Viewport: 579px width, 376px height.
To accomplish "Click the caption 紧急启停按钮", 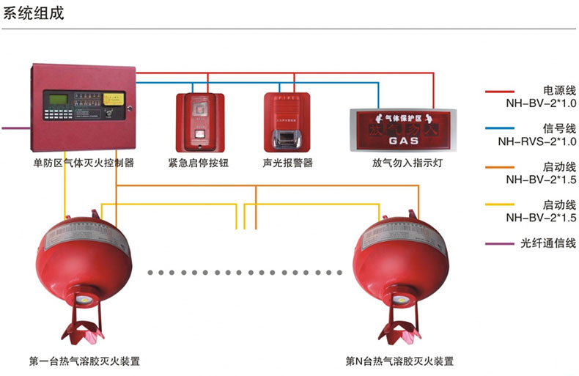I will (x=199, y=163).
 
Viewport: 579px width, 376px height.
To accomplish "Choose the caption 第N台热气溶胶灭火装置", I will (x=399, y=361).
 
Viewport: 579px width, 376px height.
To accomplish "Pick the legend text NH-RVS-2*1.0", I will (x=537, y=141).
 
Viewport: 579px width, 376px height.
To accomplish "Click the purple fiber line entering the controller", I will (x=15, y=128).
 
